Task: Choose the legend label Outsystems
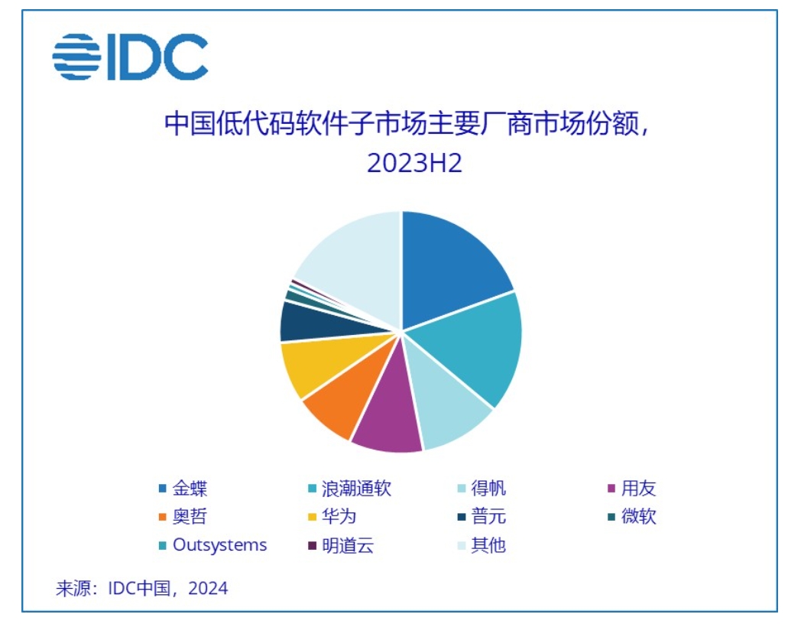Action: tap(220, 544)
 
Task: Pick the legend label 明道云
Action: tap(348, 545)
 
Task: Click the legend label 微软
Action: tap(638, 516)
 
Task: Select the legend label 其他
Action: tap(488, 545)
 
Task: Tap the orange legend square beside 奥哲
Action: tap(162, 518)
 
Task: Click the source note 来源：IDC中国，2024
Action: tap(141, 588)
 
